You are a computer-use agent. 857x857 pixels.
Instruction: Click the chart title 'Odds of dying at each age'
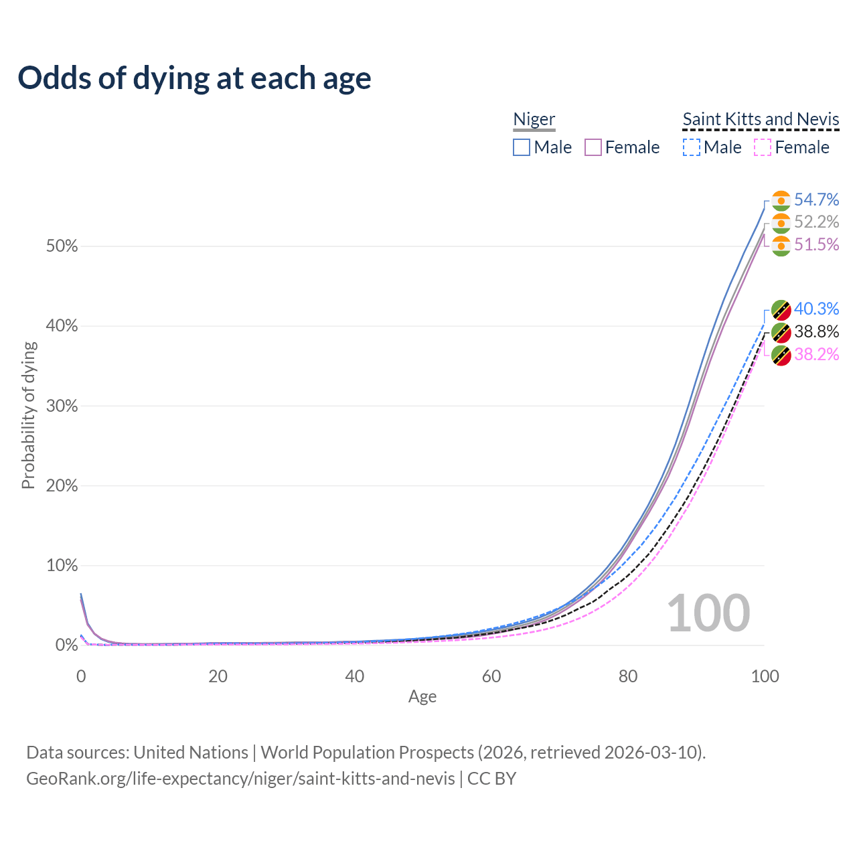tap(194, 78)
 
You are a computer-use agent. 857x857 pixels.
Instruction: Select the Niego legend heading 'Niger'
tap(534, 119)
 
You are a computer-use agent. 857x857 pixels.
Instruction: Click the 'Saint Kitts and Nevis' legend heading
tap(761, 119)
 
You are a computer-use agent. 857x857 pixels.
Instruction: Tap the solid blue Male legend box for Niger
tap(522, 147)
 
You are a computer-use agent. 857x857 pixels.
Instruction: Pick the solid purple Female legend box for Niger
tap(593, 147)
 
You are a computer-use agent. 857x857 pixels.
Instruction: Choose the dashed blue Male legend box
tap(692, 147)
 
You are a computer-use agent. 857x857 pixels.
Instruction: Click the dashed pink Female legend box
tap(763, 147)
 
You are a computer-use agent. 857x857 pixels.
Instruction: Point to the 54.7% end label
tap(816, 200)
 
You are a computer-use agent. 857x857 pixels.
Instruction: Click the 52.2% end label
tap(816, 222)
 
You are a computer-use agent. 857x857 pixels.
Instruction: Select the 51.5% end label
tap(816, 244)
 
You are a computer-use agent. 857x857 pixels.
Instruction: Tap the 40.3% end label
tap(816, 309)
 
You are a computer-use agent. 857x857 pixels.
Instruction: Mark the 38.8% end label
tap(816, 331)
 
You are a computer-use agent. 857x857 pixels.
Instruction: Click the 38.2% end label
tap(816, 354)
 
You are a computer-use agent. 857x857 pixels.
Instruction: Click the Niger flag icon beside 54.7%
tap(781, 200)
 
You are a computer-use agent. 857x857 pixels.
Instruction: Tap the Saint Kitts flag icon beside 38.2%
tap(781, 355)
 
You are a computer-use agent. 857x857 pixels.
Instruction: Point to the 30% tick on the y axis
tap(62, 406)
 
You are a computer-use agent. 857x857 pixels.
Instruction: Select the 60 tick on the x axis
tap(491, 676)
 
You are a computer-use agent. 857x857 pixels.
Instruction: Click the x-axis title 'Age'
tap(422, 696)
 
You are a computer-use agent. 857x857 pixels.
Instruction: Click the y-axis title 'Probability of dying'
tap(28, 415)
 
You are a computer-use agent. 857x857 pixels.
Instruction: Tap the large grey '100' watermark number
tap(708, 613)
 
